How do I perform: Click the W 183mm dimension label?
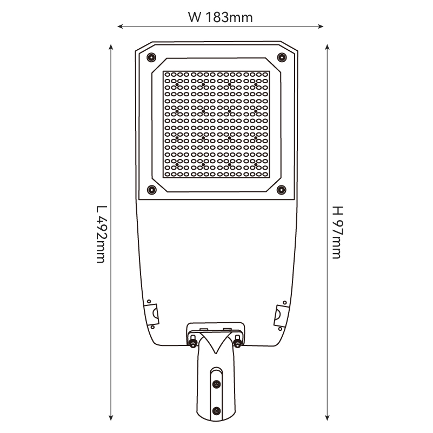click(x=221, y=17)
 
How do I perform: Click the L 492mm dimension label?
click(x=101, y=234)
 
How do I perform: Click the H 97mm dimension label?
click(x=337, y=232)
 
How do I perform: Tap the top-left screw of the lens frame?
click(x=151, y=57)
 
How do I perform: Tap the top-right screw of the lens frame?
click(x=282, y=57)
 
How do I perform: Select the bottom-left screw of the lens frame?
click(x=151, y=190)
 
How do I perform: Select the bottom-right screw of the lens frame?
click(x=282, y=190)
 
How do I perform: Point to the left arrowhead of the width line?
click(x=120, y=26)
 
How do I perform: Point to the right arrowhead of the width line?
click(x=321, y=26)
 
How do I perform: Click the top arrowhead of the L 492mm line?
click(x=111, y=47)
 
